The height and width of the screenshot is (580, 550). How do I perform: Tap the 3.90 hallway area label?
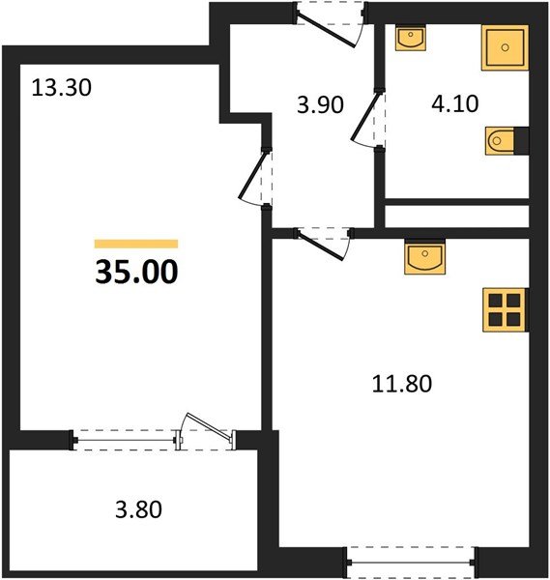319,105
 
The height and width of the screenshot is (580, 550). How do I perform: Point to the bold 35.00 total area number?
136,273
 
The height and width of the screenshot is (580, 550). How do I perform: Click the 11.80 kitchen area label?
401,383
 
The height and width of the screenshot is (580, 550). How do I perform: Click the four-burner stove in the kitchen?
504,309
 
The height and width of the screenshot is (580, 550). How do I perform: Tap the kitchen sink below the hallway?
423,258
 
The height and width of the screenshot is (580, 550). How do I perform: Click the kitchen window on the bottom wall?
412,558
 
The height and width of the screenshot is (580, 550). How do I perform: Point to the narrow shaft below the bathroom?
457,214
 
